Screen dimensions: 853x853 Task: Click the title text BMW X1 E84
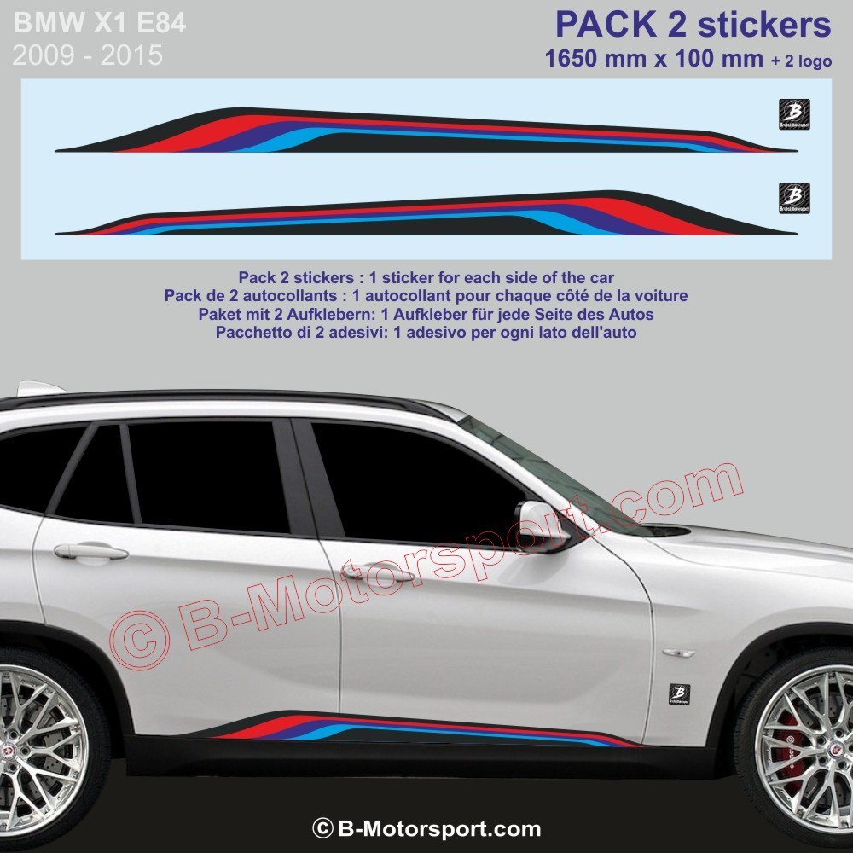click(99, 24)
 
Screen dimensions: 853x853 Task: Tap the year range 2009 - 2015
click(87, 56)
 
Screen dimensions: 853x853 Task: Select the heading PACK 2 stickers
click(693, 26)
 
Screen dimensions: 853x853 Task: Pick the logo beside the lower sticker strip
click(795, 198)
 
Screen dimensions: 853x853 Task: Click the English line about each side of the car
click(426, 278)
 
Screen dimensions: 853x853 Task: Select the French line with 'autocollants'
click(426, 296)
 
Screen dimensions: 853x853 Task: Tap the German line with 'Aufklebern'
click(426, 314)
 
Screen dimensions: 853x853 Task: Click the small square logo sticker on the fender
click(680, 693)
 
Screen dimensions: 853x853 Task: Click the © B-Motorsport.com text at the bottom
click(426, 828)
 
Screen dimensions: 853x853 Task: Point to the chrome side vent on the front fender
click(678, 653)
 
